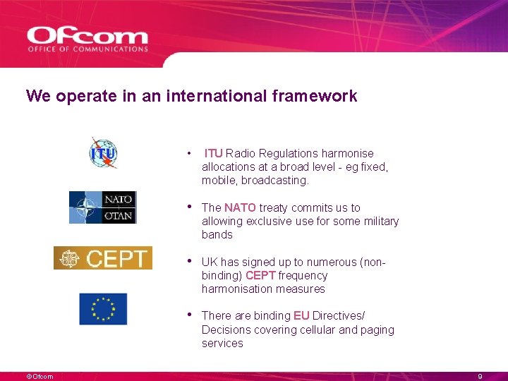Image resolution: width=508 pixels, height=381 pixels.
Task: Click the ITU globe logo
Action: coord(103,153)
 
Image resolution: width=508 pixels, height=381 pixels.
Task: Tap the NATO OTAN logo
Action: coord(102,207)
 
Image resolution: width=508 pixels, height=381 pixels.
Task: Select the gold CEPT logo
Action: coord(103,258)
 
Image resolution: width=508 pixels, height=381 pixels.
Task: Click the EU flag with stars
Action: coord(103,309)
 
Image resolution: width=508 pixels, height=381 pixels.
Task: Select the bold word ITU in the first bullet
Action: coord(214,153)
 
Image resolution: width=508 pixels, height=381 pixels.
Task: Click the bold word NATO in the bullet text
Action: coord(240,207)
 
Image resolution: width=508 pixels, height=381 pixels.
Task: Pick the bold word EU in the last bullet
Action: coord(301,315)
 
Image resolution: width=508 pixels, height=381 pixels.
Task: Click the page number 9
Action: coord(480,377)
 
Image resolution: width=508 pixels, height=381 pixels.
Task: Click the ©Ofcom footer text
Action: coord(40,377)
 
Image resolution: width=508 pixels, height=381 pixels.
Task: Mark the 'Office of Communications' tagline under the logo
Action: coord(87,49)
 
